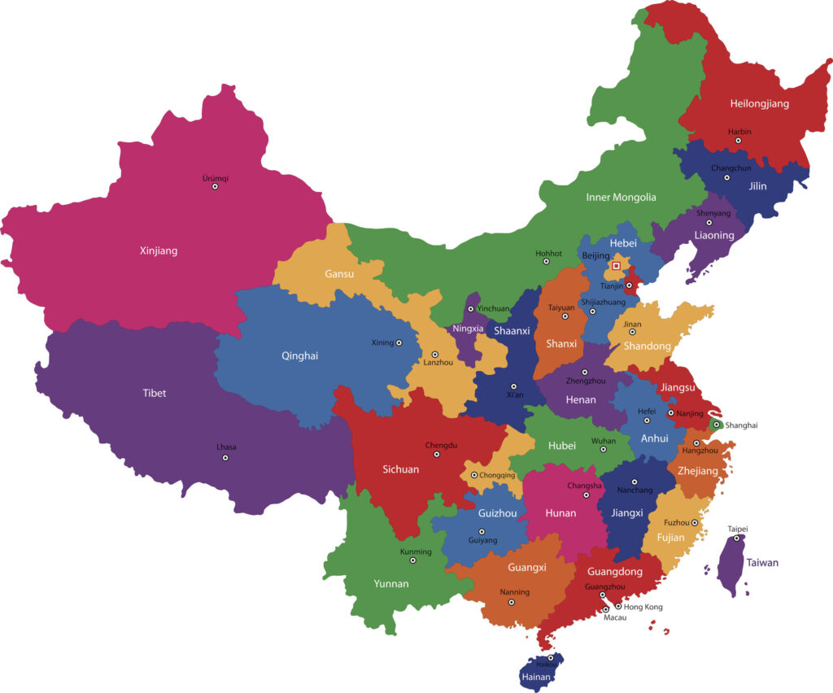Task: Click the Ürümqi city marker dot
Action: [x=215, y=186]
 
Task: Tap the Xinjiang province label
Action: [x=158, y=251]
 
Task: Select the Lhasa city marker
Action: [x=225, y=458]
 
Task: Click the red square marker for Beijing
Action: [x=617, y=265]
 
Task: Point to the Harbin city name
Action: [x=739, y=131]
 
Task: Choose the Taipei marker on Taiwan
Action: [x=737, y=538]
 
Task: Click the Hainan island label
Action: [x=537, y=677]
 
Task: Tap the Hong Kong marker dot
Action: [x=618, y=606]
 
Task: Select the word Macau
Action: [x=603, y=617]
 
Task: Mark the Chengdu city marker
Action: [x=437, y=455]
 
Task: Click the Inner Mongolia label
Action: [x=621, y=197]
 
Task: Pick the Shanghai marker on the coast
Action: [x=716, y=425]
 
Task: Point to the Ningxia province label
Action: [x=468, y=329]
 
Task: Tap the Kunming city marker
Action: [x=412, y=560]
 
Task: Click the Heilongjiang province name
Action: [x=759, y=103]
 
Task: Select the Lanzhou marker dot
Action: [x=434, y=355]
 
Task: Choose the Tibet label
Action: [x=154, y=393]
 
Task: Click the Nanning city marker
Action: [x=511, y=602]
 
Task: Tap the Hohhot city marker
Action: [x=547, y=262]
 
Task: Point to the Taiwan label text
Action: [x=762, y=563]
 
